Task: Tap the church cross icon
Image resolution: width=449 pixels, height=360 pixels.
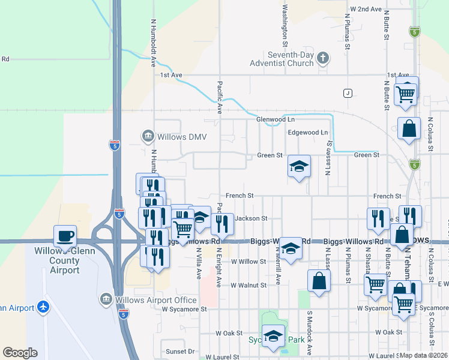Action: [x=323, y=58]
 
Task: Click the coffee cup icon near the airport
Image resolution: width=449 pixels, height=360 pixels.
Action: [x=64, y=235]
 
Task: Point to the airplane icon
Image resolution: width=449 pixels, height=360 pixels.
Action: [x=43, y=307]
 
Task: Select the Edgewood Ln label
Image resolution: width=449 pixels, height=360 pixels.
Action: [x=309, y=132]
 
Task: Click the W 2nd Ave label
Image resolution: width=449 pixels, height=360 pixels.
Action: [x=366, y=10]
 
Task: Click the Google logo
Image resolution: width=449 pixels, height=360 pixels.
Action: [x=20, y=353]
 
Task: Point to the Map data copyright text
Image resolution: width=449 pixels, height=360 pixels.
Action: [x=424, y=355]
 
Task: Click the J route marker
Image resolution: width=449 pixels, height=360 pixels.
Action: [x=347, y=93]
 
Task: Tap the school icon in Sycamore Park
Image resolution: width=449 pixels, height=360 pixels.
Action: [x=274, y=335]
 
